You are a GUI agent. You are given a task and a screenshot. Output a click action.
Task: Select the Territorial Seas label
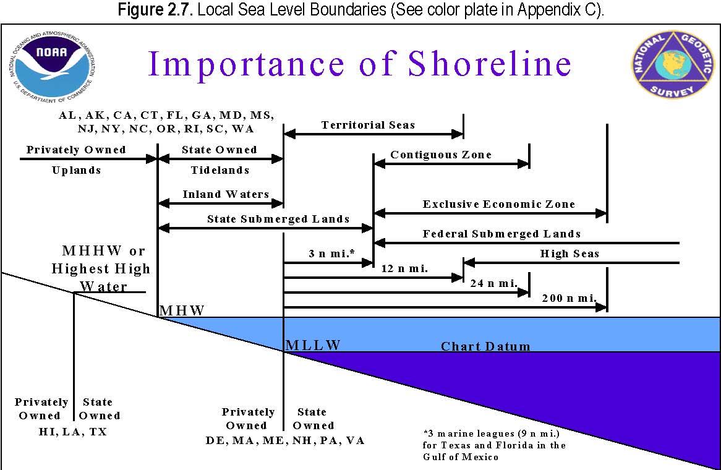(368, 125)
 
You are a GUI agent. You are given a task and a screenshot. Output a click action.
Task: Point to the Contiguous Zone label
(441, 155)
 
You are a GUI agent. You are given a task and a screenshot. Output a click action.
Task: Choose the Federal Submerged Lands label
(501, 234)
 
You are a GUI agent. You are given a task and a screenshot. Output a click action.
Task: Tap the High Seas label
(570, 254)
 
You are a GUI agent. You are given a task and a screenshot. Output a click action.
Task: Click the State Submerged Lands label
(278, 219)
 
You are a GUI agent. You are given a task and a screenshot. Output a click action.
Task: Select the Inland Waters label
(226, 194)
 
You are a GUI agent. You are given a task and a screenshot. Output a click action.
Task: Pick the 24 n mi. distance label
(493, 283)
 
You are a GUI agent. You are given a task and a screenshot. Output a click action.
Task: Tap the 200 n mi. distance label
(569, 298)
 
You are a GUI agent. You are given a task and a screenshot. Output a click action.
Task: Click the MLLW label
(314, 345)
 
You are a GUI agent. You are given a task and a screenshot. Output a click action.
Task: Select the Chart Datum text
(485, 346)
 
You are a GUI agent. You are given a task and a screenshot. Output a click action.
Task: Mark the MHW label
(182, 310)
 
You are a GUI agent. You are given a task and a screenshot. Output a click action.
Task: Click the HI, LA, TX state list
(72, 432)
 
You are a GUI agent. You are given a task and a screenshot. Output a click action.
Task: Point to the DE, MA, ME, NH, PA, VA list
(285, 440)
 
